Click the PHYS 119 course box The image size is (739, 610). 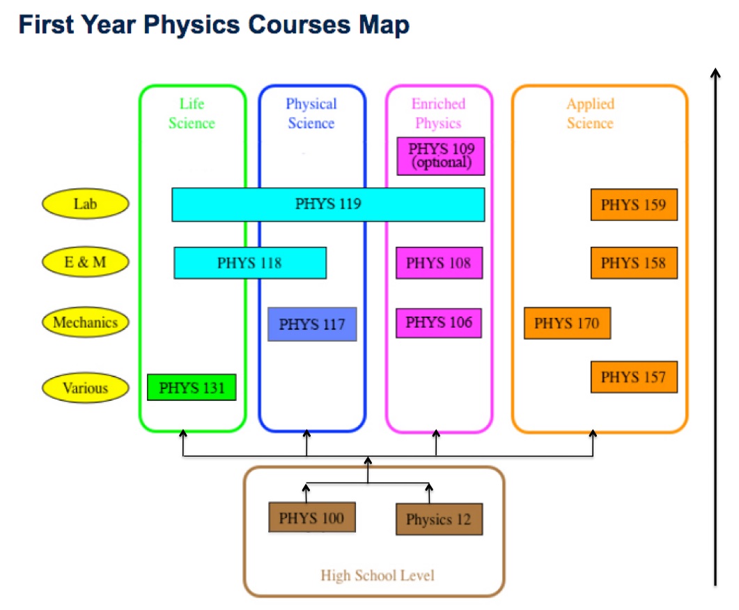tap(328, 204)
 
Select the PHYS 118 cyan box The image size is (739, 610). tap(250, 263)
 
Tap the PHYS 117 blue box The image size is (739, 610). tap(312, 324)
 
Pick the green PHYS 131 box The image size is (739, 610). tap(192, 388)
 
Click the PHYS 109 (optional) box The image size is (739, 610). tap(441, 156)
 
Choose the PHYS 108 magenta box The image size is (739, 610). tap(439, 263)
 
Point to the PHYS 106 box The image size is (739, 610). tap(439, 323)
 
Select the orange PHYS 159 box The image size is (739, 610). tap(634, 205)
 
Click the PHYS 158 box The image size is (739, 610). tap(634, 263)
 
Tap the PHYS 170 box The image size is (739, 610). tap(568, 323)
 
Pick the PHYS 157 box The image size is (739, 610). tap(634, 377)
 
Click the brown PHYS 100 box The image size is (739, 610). tap(312, 517)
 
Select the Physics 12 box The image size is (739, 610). tap(439, 519)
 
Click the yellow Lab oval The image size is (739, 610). tap(85, 204)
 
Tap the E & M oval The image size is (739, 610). tap(85, 262)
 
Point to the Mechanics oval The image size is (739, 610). tap(85, 322)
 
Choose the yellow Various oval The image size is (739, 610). tap(85, 388)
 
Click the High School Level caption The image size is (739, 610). tap(378, 576)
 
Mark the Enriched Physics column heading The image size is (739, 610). tap(438, 113)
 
